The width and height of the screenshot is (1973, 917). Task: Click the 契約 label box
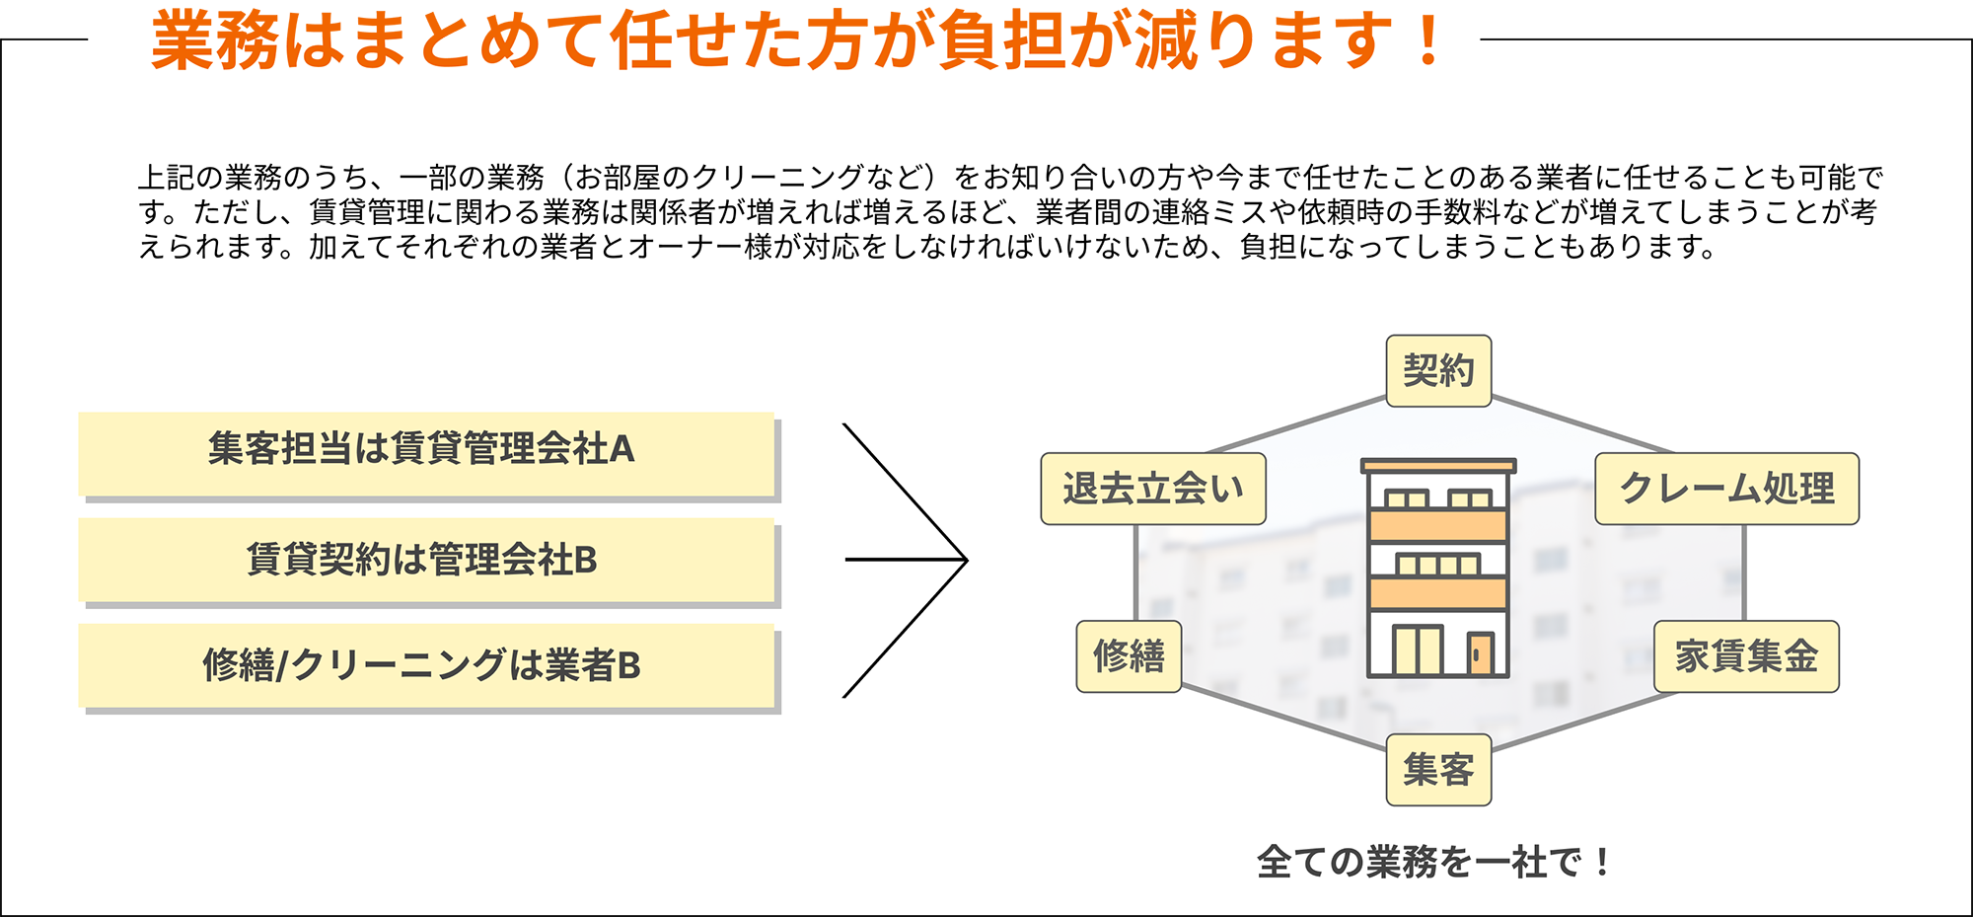point(1438,371)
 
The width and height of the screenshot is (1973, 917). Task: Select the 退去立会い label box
point(1153,489)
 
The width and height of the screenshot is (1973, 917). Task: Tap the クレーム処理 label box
point(1726,489)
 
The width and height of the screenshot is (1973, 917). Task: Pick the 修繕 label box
point(1129,656)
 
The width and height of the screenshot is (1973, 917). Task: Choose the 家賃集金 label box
point(1746,656)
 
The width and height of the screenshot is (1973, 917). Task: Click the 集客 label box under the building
point(1438,770)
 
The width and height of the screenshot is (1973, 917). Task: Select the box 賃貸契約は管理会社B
point(426,560)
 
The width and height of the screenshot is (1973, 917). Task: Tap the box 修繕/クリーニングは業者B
point(426,665)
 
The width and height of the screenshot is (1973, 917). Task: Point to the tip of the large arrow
point(966,560)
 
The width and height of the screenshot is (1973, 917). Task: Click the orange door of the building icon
point(1480,653)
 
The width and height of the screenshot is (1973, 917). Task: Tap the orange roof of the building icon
point(1438,465)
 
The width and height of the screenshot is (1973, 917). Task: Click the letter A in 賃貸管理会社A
point(622,450)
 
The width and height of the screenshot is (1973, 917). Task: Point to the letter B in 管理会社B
point(585,560)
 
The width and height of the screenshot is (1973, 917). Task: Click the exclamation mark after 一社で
point(1601,862)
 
